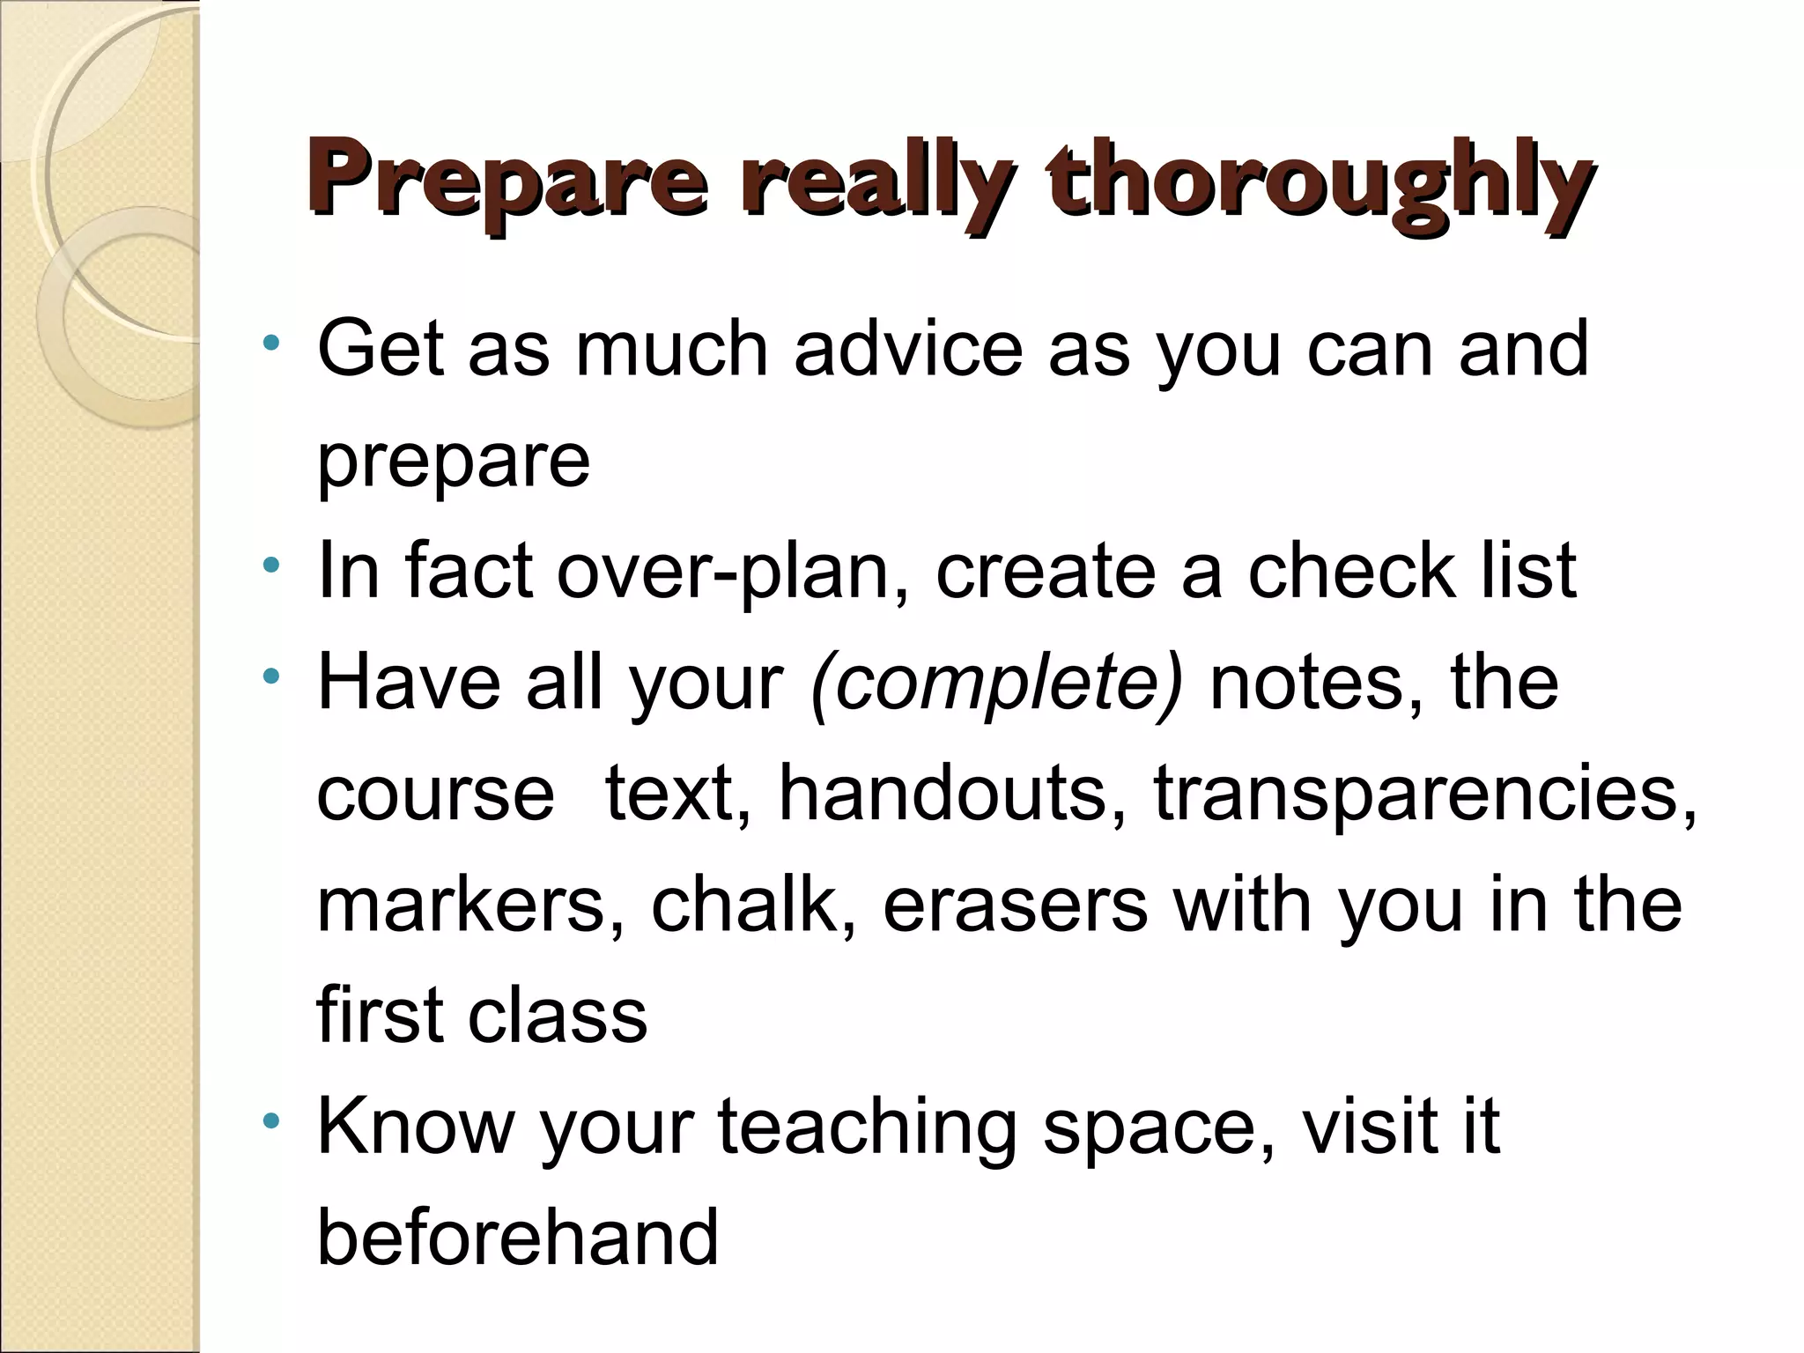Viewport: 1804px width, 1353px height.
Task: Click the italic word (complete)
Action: (996, 683)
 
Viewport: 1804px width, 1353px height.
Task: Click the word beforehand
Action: (517, 1237)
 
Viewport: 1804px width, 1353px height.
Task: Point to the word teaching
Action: (867, 1127)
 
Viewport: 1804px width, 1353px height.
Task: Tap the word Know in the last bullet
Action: (415, 1127)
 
